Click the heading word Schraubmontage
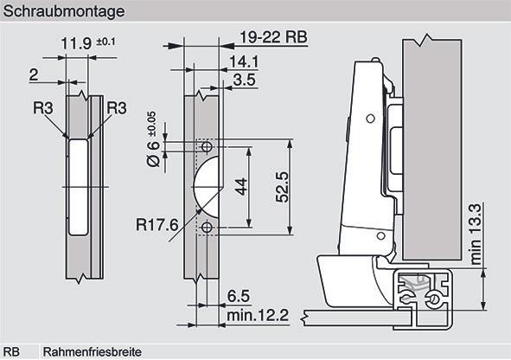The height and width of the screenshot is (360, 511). pyautogui.click(x=64, y=11)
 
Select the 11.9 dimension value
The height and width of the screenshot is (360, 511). pyautogui.click(x=77, y=43)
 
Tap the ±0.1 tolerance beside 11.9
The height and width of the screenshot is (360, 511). pyautogui.click(x=105, y=42)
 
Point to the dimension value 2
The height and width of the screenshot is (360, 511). pyautogui.click(x=34, y=75)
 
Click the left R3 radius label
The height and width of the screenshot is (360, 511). pyautogui.click(x=43, y=108)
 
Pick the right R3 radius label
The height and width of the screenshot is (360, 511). pyautogui.click(x=117, y=108)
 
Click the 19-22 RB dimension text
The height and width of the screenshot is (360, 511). pyautogui.click(x=273, y=37)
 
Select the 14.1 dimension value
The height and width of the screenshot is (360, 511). pyautogui.click(x=244, y=61)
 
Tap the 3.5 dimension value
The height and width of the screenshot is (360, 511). pyautogui.click(x=245, y=80)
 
